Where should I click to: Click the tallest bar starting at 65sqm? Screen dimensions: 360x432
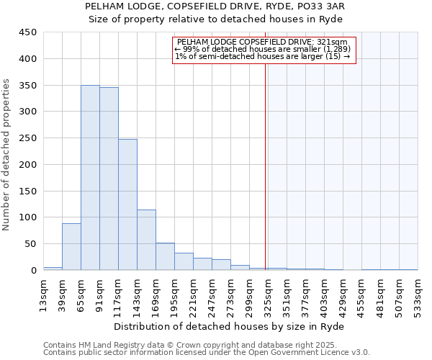click(90, 178)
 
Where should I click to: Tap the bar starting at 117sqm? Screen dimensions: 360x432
click(127, 204)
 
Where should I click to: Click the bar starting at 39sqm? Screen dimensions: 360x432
click(71, 247)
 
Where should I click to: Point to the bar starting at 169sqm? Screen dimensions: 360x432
click(165, 256)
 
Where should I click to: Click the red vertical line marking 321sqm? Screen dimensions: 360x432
click(266, 166)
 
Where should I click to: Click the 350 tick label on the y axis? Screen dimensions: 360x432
click(28, 85)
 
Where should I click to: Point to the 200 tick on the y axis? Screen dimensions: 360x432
click(28, 164)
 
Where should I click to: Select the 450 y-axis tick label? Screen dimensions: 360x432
click(28, 32)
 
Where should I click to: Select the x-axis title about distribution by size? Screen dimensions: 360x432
click(230, 327)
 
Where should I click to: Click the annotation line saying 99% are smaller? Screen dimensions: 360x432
click(264, 49)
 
